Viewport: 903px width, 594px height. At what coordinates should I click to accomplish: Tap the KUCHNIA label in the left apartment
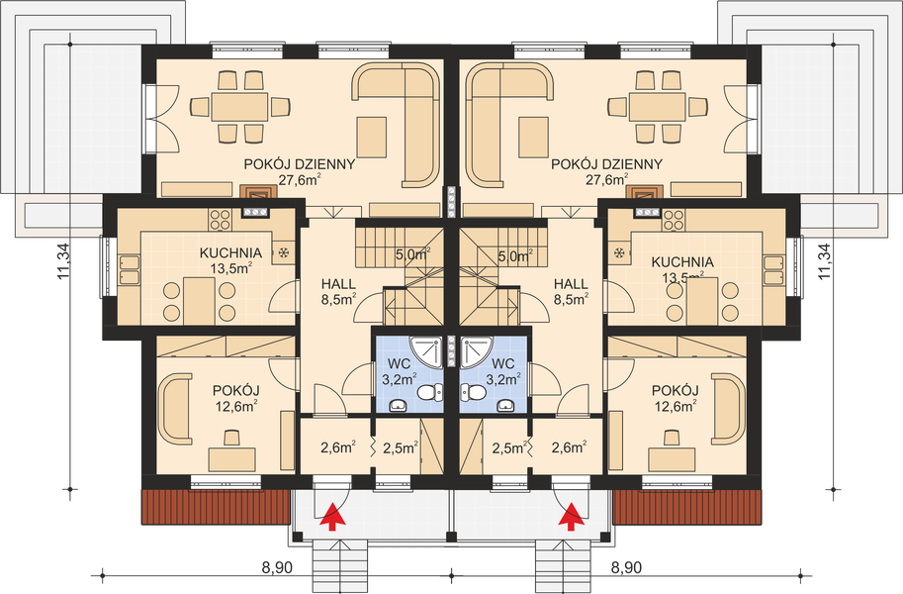point(230,252)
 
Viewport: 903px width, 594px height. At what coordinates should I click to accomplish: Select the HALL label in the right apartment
point(571,282)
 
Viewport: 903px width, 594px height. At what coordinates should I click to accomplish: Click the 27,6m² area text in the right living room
point(606,180)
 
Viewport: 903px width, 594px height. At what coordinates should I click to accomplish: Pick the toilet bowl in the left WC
point(429,393)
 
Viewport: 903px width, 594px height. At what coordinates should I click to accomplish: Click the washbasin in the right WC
point(505,405)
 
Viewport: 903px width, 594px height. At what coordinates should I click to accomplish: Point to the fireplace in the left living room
point(256,196)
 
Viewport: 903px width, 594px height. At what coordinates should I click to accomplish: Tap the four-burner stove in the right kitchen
point(675,218)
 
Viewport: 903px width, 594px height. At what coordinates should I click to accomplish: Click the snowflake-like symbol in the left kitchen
point(284,252)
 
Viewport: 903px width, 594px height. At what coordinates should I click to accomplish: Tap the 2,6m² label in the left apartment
point(338,447)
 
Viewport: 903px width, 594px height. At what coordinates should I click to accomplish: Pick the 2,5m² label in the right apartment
point(507,447)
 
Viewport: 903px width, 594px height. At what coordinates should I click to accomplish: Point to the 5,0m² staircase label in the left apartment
point(411,253)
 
